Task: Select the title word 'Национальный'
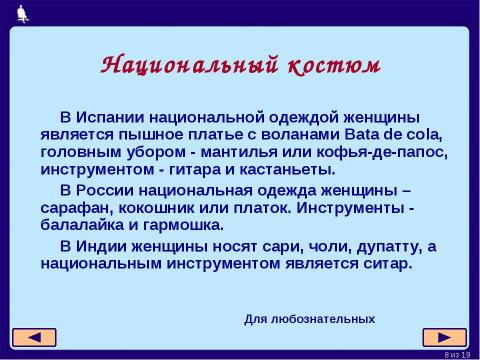click(x=187, y=65)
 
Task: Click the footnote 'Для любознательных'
click(x=309, y=319)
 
